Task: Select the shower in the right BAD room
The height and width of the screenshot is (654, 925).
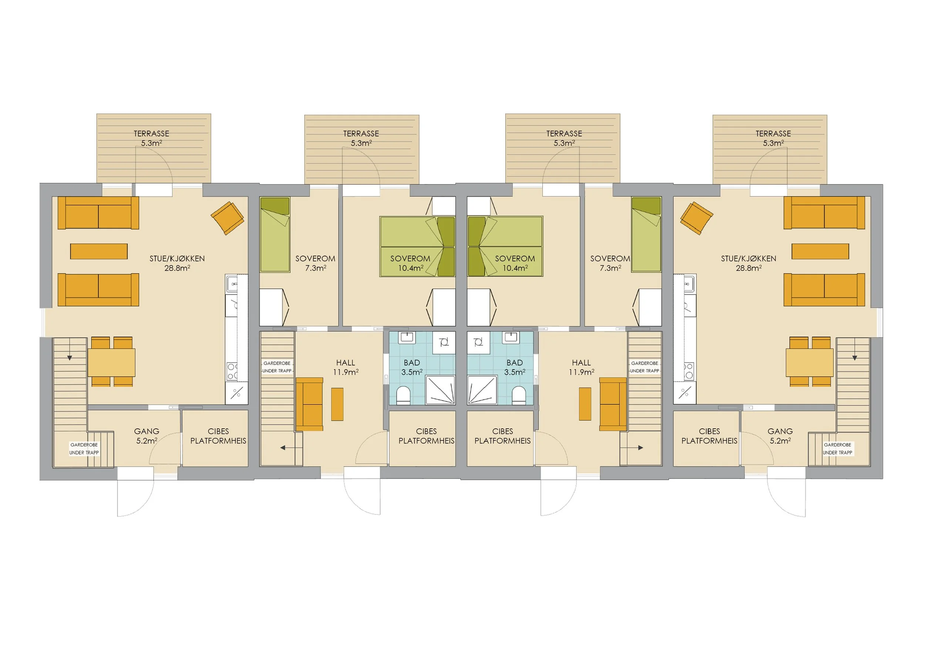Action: [x=481, y=390]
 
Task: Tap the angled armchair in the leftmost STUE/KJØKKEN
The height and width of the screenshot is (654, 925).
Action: [x=228, y=218]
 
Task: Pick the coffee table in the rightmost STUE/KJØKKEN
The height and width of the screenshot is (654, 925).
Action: [x=820, y=251]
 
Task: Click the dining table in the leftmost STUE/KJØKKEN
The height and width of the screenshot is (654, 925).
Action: [x=112, y=363]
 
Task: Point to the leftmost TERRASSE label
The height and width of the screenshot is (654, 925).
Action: [x=151, y=134]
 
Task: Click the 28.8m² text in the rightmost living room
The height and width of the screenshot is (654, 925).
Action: [x=749, y=268]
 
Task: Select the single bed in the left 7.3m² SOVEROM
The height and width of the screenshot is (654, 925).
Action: [x=275, y=235]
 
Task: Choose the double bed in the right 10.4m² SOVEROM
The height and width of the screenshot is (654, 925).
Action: [x=505, y=246]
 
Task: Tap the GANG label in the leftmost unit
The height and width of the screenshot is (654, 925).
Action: [x=147, y=431]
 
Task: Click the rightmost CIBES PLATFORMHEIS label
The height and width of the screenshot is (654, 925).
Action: [x=709, y=436]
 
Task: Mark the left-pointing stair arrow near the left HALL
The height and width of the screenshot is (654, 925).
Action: [x=283, y=448]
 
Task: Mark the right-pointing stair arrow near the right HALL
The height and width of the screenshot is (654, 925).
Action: [x=640, y=448]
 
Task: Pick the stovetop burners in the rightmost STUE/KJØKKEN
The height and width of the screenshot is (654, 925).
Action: [x=689, y=371]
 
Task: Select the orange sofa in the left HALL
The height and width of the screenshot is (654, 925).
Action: [x=309, y=404]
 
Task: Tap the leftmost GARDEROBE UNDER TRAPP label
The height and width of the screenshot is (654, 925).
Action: [x=84, y=449]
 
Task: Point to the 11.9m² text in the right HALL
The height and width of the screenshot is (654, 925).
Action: [x=581, y=372]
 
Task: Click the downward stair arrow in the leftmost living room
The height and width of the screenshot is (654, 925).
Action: [x=70, y=358]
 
